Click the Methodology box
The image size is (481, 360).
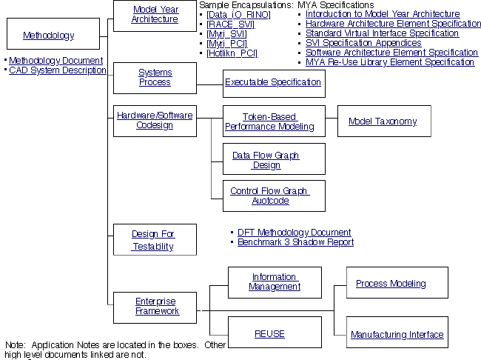tap(49, 35)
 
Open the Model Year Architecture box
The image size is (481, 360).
tap(155, 15)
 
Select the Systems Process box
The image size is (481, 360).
tap(155, 77)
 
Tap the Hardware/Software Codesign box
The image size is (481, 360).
tap(155, 120)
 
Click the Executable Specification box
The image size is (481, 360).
tap(273, 82)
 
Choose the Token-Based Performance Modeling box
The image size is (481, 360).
tap(269, 121)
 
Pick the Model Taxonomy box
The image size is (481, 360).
tap(383, 121)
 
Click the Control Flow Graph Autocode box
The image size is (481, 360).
tap(269, 196)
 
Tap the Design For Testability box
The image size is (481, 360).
tap(153, 240)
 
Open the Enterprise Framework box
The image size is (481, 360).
tap(155, 306)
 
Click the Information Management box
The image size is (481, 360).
tap(275, 281)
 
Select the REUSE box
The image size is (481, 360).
tap(269, 334)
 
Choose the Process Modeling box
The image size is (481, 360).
tap(391, 284)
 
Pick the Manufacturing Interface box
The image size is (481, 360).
tap(397, 335)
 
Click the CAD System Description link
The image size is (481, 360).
tap(58, 70)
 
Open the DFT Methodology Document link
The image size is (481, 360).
tap(295, 233)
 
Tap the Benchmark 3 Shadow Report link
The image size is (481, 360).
tap(295, 242)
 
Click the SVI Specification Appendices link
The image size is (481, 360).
tap(363, 43)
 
